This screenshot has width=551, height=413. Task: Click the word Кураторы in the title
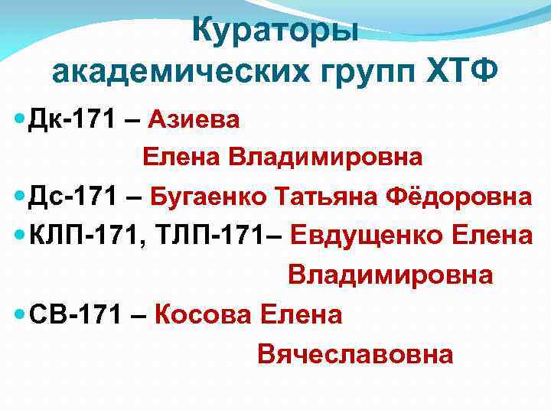[275, 31]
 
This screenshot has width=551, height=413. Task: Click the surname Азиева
[194, 119]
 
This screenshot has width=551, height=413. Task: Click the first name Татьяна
[331, 197]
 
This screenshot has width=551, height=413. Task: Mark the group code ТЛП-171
[210, 236]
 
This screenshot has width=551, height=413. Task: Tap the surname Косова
[203, 314]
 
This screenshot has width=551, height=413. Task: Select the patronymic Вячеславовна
[355, 353]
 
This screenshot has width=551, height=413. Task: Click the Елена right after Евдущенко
[492, 236]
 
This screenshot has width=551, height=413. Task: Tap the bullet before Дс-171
[19, 197]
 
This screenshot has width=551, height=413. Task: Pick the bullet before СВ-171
[19, 314]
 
